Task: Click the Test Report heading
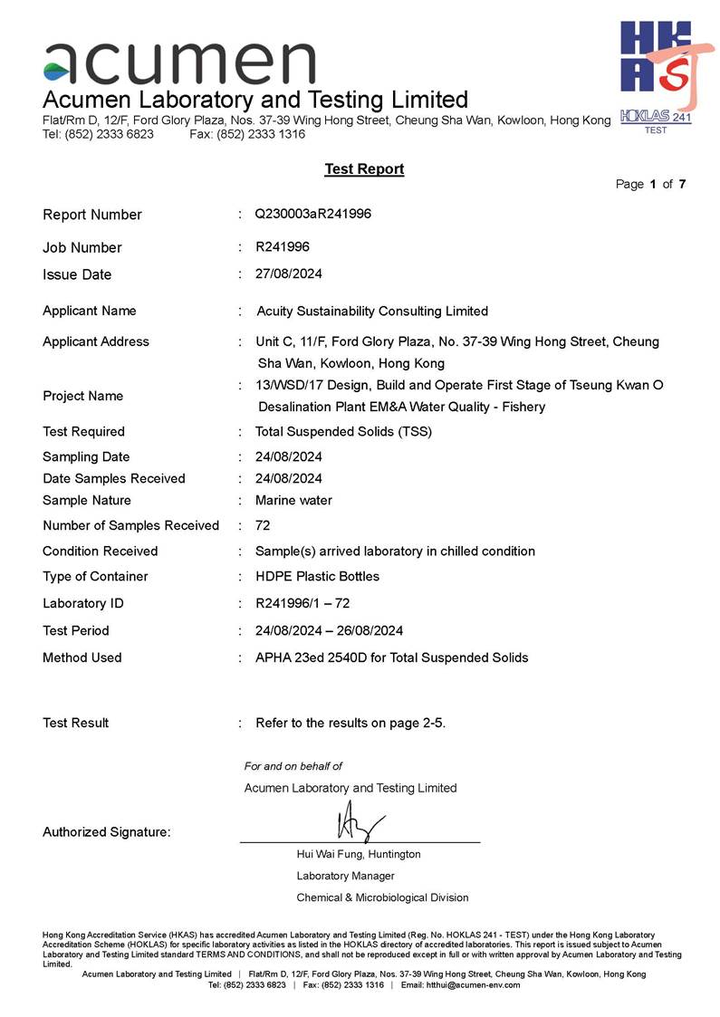364,169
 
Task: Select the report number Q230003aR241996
313,215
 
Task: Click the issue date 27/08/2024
289,273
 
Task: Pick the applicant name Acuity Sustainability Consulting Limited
372,311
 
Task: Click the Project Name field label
82,396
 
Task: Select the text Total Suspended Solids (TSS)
343,431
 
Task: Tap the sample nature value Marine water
293,500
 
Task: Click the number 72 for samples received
263,525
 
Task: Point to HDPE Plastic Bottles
317,576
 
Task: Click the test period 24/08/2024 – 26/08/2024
329,630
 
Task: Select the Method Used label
82,657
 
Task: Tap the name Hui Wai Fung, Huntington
359,854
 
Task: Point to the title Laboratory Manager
345,876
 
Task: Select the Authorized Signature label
106,832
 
